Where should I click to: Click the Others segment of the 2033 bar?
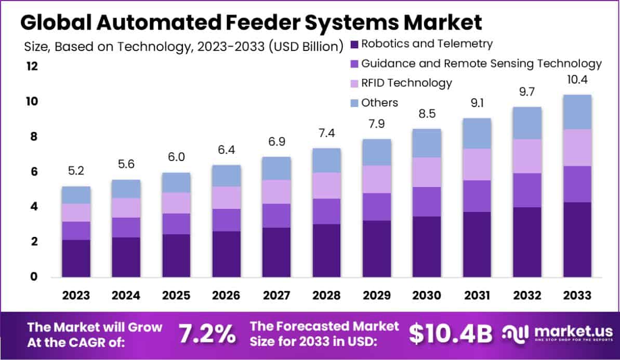click(x=576, y=112)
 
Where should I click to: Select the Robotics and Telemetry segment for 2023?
click(x=76, y=258)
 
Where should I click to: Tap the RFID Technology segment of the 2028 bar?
click(x=326, y=185)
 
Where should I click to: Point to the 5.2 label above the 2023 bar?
click(x=76, y=171)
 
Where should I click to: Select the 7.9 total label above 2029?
click(x=376, y=124)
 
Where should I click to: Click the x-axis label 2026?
click(x=226, y=296)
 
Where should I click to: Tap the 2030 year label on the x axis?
click(x=426, y=296)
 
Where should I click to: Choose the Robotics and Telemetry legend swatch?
click(x=355, y=44)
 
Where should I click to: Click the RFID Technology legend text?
click(x=406, y=83)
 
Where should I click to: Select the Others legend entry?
click(x=379, y=102)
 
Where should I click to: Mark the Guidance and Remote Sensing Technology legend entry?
click(x=481, y=63)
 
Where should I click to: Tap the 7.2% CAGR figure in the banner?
click(x=206, y=334)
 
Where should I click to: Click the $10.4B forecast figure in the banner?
click(x=450, y=334)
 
